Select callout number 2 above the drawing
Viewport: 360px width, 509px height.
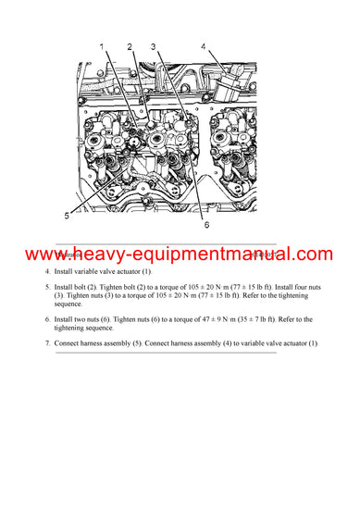130,46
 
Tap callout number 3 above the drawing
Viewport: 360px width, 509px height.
153,46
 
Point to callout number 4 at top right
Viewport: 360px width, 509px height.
203,45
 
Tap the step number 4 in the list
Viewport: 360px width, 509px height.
47,272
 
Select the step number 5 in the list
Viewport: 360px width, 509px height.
47,287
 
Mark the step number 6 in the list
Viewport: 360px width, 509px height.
47,319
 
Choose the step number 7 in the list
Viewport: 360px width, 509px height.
47,343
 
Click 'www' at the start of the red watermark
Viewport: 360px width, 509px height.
43,254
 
